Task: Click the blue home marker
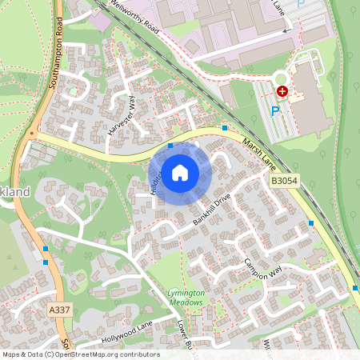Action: [180, 172]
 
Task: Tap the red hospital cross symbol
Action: [282, 92]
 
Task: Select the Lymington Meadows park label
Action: [187, 298]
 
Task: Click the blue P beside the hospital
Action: [275, 110]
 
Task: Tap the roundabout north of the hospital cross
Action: [280, 78]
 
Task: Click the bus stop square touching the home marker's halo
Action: [170, 146]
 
